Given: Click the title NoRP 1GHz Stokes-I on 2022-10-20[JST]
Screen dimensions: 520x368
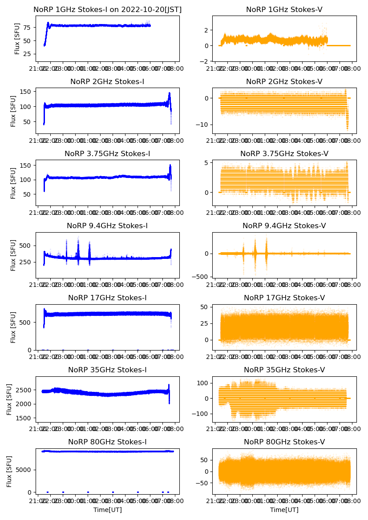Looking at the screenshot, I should [108, 10].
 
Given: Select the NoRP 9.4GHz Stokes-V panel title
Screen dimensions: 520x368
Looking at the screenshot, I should [284, 226].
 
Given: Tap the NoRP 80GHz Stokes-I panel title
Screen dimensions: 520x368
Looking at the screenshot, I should [107, 442].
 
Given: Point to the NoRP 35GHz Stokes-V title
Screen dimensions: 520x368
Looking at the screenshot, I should [284, 370].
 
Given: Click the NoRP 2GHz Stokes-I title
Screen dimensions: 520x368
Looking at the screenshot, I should [107, 82].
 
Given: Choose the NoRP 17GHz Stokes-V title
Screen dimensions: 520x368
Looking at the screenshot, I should [284, 298].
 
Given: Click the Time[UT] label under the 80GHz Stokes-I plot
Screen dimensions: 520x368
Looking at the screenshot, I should [107, 510].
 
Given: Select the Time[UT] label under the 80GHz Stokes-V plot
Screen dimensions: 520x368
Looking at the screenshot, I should [284, 510].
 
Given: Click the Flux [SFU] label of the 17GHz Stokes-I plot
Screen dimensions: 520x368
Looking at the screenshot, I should [13, 327].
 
